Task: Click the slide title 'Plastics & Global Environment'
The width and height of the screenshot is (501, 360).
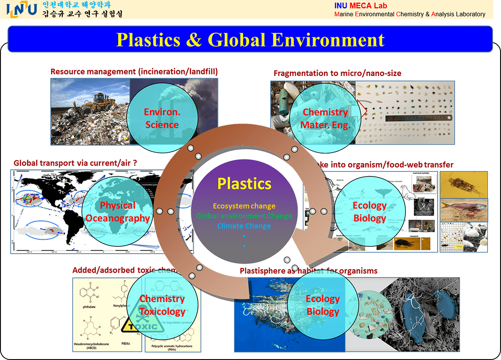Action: tap(250, 40)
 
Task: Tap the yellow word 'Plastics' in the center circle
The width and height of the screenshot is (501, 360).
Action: tap(244, 184)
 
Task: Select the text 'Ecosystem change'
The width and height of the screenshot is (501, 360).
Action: tap(244, 206)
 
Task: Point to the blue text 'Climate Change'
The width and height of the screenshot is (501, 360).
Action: tap(244, 226)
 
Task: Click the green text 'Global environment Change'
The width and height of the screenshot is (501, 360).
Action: tap(244, 216)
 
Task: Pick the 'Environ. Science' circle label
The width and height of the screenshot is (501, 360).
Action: tap(161, 118)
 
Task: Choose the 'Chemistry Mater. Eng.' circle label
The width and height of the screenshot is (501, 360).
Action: tap(325, 118)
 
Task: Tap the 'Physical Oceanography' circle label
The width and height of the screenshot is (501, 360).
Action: tap(117, 212)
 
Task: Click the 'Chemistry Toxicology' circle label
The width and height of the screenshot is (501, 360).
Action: tap(162, 305)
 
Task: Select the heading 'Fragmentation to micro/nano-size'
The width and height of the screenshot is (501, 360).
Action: tap(337, 74)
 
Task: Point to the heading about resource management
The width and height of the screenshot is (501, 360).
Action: tap(134, 71)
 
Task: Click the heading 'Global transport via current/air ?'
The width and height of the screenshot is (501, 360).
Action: tap(76, 163)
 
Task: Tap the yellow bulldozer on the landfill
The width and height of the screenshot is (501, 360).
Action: tap(99, 100)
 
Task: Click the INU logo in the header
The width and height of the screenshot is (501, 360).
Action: tap(22, 9)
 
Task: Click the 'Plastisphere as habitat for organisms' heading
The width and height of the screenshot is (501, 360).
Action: tap(309, 271)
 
